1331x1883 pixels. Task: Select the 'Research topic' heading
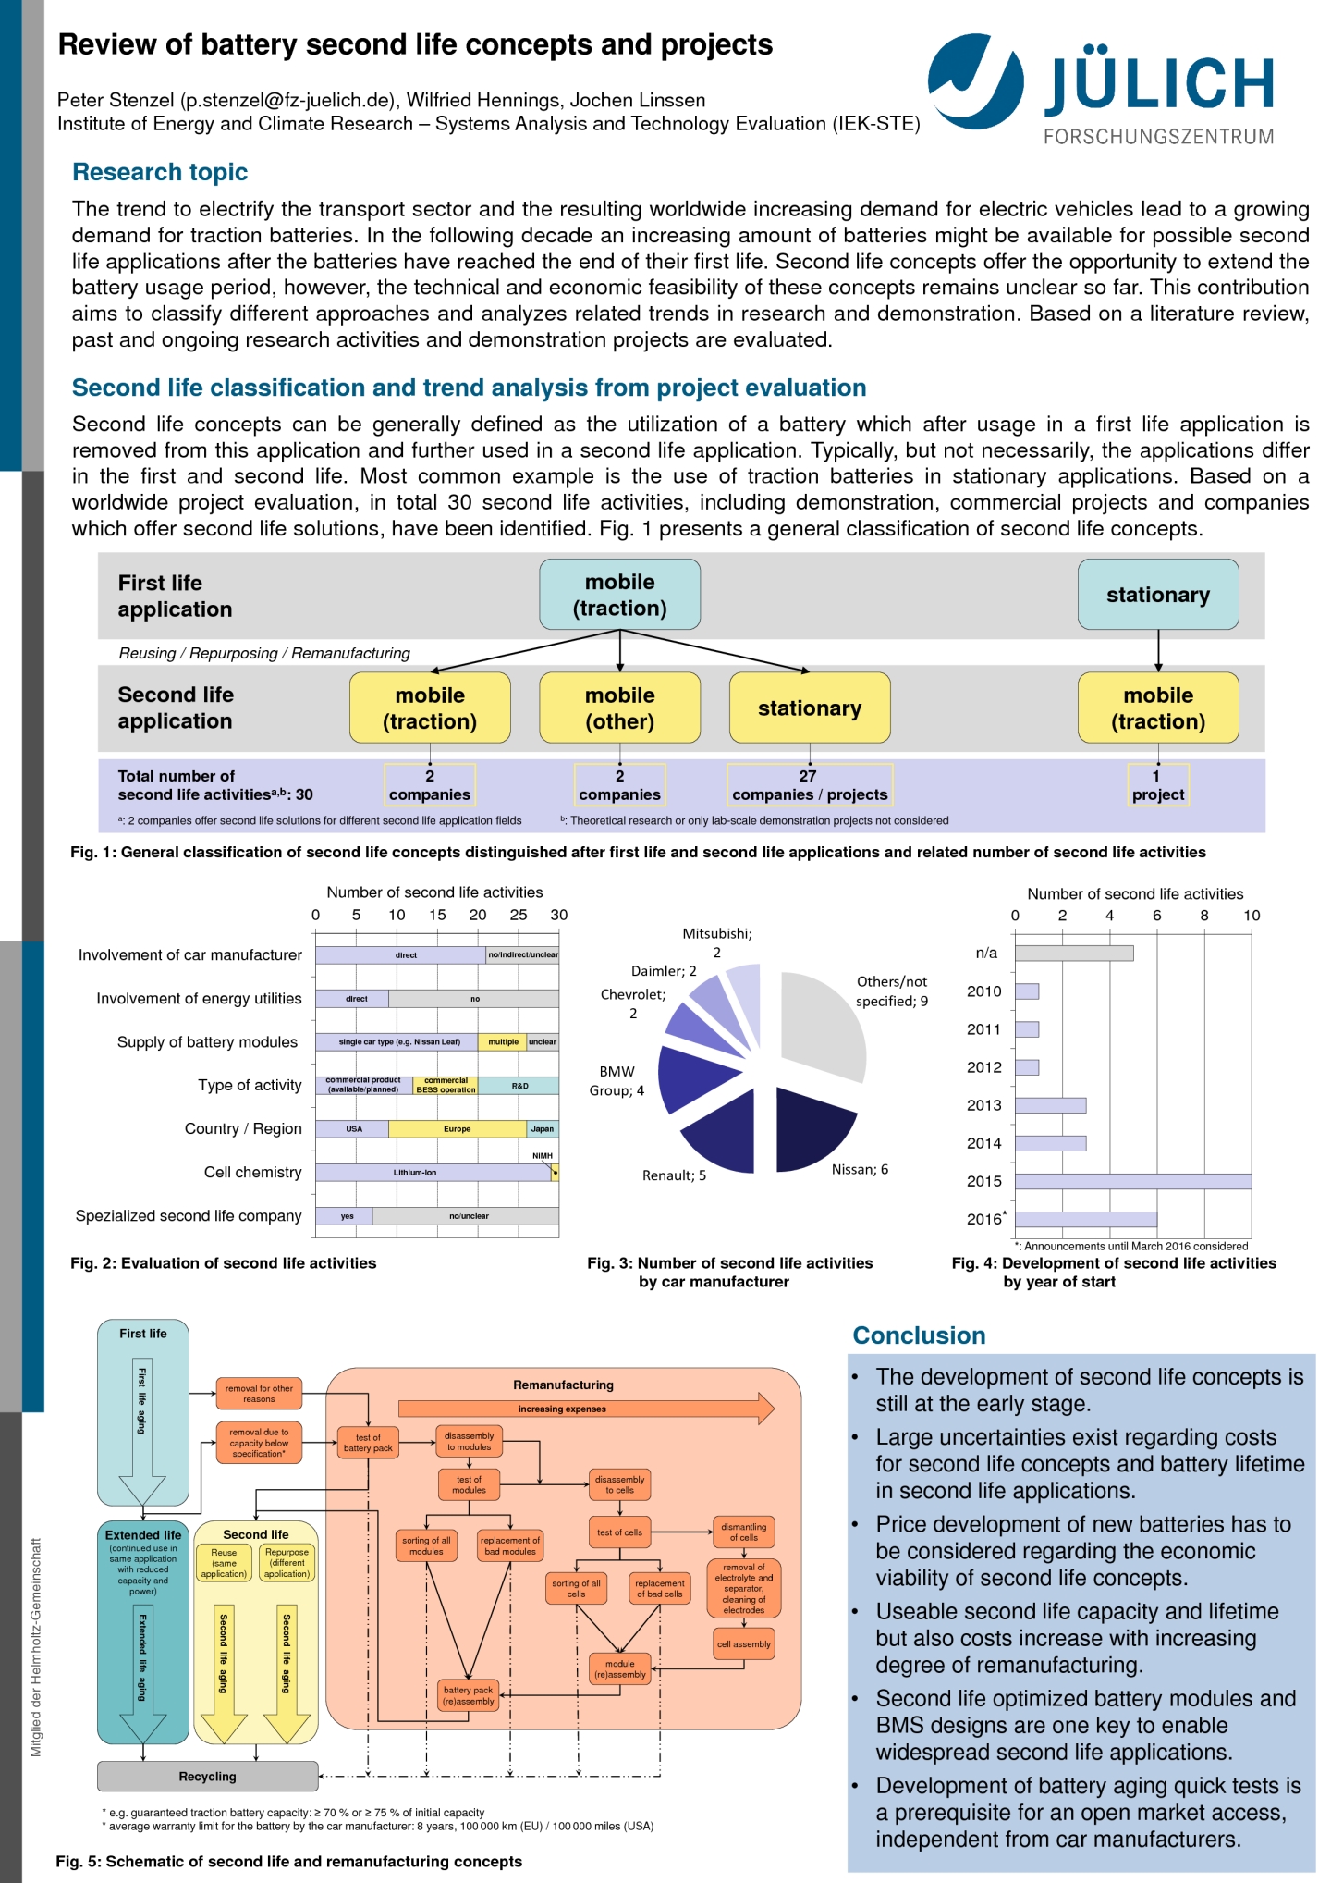(x=160, y=172)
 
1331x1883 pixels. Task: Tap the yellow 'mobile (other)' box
(x=619, y=708)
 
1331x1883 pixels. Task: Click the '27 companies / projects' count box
(x=809, y=784)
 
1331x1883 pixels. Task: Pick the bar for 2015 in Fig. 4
(x=1132, y=1181)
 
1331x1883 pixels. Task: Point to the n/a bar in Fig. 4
(x=1073, y=953)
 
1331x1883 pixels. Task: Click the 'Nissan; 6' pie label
(x=860, y=1169)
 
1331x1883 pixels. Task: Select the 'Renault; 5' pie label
(x=674, y=1175)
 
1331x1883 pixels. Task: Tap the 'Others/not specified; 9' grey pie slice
(x=823, y=1022)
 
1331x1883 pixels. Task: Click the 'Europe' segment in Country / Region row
(x=457, y=1129)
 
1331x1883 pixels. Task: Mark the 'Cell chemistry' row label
(x=252, y=1173)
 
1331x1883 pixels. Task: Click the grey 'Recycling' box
(x=208, y=1777)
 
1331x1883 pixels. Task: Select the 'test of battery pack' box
(x=368, y=1443)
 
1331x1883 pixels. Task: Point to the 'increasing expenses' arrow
(x=585, y=1409)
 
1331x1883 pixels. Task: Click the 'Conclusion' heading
(x=919, y=1335)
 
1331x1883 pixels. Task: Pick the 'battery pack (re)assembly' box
(x=468, y=1695)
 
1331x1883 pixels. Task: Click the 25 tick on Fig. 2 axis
(x=519, y=915)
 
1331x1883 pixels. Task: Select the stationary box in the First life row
(x=1157, y=595)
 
